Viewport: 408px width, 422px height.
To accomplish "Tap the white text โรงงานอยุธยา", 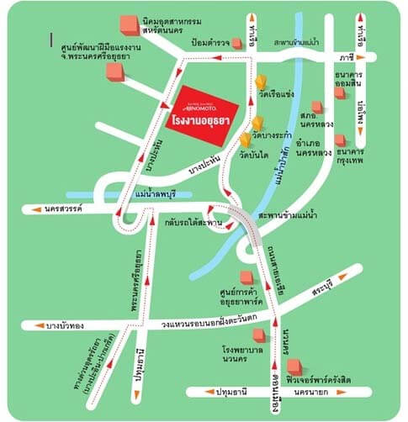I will click(201, 121).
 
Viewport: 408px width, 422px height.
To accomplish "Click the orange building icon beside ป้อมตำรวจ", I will click(238, 42).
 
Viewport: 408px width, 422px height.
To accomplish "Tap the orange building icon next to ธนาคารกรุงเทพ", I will click(340, 140).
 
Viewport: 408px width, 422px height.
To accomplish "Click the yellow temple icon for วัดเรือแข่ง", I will click(262, 82).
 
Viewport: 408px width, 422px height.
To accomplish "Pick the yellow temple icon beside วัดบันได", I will click(245, 140).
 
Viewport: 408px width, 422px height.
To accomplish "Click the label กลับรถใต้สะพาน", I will click(194, 222).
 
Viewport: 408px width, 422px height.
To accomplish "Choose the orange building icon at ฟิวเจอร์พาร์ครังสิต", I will click(294, 367).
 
